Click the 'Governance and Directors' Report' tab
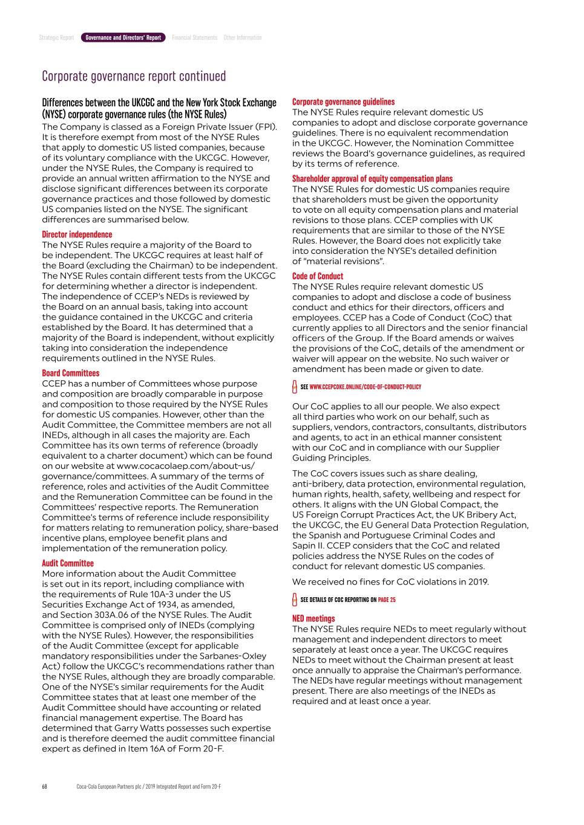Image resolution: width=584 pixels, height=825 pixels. (123, 37)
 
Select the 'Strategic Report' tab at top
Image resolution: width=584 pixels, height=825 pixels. (56, 37)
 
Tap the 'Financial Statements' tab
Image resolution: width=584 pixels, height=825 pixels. (194, 37)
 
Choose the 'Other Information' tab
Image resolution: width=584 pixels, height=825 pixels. (243, 37)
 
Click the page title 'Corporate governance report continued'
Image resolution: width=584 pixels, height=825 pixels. (134, 76)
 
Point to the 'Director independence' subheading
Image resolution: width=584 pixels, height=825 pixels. (77, 235)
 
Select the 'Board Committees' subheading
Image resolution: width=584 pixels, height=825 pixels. (70, 374)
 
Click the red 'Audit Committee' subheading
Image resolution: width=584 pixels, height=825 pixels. (68, 563)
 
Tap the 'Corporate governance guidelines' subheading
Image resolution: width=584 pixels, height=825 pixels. (343, 102)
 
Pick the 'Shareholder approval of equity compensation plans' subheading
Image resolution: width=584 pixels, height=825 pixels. (372, 179)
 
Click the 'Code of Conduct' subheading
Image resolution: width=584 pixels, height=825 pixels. (317, 276)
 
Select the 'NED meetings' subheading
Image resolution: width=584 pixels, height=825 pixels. (313, 619)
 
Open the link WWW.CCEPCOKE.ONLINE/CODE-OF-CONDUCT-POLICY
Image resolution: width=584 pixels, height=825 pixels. (365, 387)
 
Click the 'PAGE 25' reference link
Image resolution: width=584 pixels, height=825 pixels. (387, 600)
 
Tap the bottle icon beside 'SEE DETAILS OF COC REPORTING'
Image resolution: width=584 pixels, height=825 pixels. (295, 600)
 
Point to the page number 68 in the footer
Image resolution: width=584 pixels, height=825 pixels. (45, 786)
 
